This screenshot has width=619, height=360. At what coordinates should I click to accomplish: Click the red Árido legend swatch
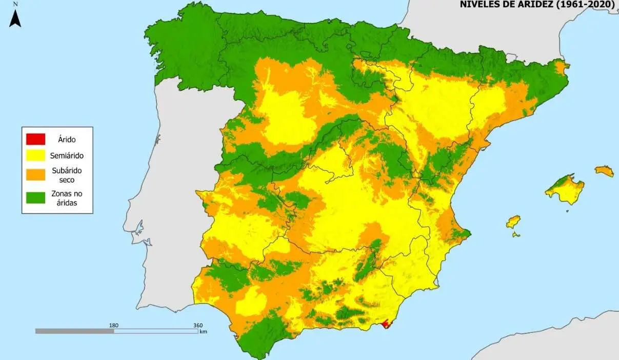35,138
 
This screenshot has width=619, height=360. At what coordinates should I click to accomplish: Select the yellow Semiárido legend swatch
35,155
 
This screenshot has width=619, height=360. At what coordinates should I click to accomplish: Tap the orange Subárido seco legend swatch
35,174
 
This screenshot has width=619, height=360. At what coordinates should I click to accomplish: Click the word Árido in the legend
67,138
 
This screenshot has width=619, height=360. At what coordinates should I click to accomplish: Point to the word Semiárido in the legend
67,155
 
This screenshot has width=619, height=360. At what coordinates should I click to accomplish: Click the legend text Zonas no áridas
67,197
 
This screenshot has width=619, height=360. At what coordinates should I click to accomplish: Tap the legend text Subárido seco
67,174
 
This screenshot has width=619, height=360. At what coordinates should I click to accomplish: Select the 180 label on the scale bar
113,325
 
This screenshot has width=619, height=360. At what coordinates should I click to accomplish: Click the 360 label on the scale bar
197,325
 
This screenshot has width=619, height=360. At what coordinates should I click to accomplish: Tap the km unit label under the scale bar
203,332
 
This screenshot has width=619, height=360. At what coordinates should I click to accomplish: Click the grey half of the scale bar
74,331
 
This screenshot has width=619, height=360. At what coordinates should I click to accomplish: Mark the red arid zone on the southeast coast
387,324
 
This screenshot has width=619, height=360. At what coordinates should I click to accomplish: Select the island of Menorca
604,171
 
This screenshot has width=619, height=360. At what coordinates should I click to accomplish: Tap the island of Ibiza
513,222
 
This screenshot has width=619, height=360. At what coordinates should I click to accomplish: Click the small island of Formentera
515,234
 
